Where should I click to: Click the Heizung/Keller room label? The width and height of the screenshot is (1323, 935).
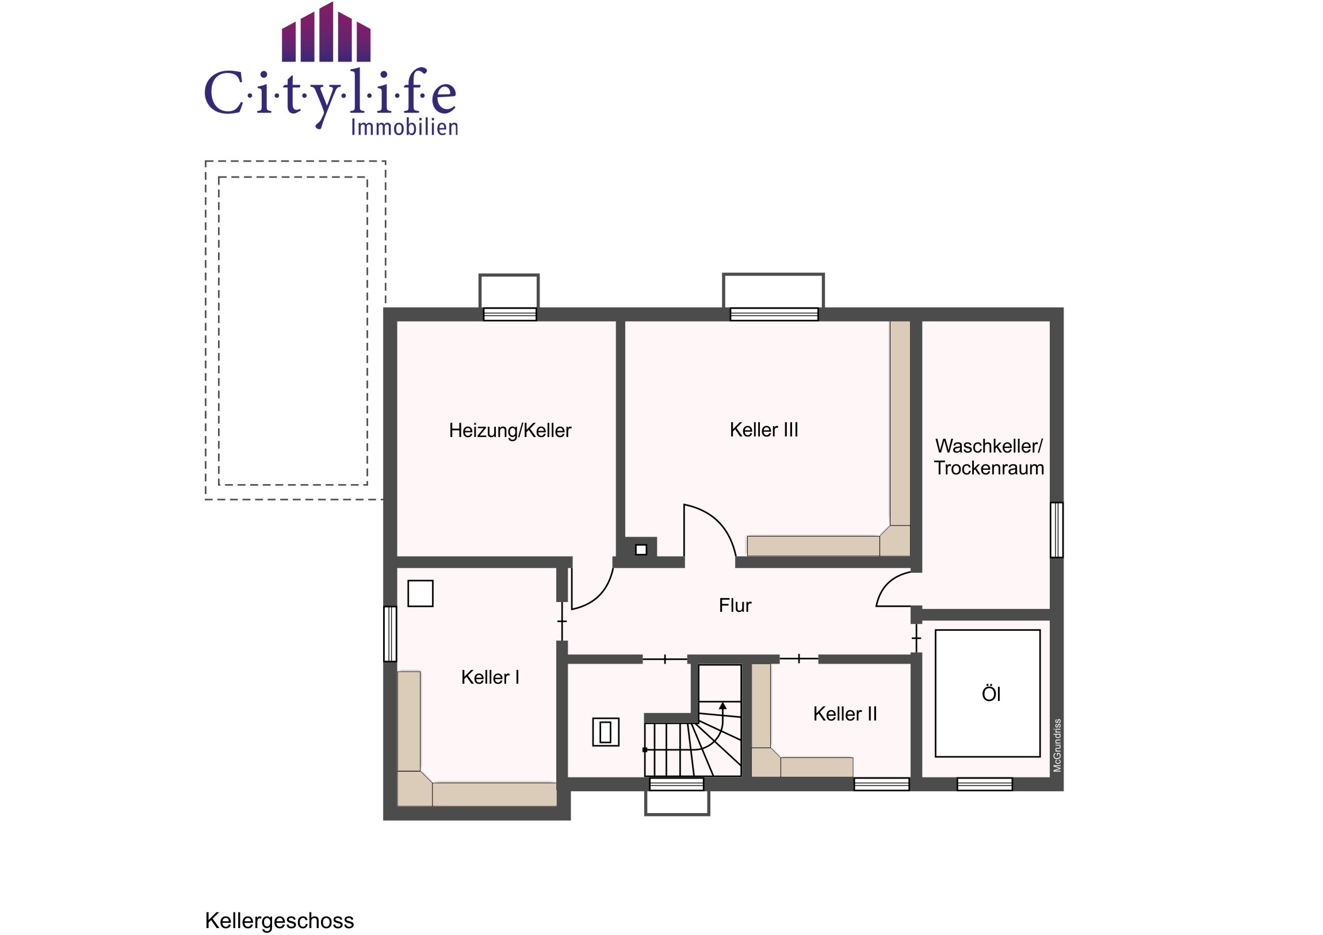[x=510, y=431]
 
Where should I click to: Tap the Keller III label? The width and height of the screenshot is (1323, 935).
[x=763, y=430]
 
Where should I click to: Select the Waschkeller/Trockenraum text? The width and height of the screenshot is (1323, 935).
[x=989, y=457]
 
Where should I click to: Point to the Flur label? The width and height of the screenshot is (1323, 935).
[x=735, y=606]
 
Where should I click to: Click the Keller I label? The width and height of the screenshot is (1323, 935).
[x=490, y=677]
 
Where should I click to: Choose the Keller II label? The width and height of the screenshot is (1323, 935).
[x=845, y=714]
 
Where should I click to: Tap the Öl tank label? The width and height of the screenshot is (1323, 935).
[x=991, y=693]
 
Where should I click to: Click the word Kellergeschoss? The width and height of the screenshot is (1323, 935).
[x=280, y=921]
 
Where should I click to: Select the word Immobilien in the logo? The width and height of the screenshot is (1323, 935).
[x=404, y=127]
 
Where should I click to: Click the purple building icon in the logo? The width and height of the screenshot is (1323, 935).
[x=326, y=33]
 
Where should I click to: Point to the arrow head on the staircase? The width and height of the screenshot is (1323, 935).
[x=722, y=706]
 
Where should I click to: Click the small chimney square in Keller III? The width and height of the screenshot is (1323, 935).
[x=641, y=550]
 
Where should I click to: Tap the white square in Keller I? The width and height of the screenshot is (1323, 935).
[x=420, y=593]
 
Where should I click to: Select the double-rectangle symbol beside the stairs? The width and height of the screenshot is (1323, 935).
[x=606, y=732]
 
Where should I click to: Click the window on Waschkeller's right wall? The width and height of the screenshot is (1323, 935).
[x=1056, y=530]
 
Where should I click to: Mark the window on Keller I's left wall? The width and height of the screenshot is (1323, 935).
[x=390, y=634]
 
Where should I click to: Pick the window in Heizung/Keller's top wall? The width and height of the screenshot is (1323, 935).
[x=510, y=314]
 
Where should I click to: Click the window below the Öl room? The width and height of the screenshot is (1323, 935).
[x=984, y=784]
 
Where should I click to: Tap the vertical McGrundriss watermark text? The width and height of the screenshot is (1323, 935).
[x=1057, y=745]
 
